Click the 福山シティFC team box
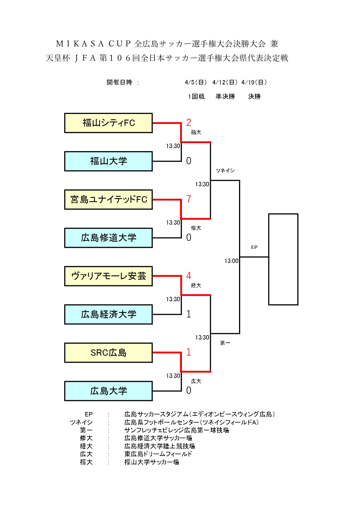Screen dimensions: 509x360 coord(108,123)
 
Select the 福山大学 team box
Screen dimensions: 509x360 coord(108,161)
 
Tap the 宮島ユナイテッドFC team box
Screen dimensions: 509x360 coord(108,200)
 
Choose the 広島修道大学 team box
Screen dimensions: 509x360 coord(108,238)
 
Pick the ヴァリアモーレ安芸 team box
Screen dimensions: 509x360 coord(108,276)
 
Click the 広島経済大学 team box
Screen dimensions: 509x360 coord(108,315)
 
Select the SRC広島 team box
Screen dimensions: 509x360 coord(108,353)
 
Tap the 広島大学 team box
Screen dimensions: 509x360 coord(108,391)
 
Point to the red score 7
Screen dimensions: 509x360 coord(189,199)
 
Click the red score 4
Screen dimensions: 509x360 coord(189,276)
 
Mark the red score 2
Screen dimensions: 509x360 coord(189,122)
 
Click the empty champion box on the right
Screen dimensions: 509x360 coord(283,259)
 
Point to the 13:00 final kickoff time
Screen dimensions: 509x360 coord(231,261)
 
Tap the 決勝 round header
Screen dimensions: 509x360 coord(254,97)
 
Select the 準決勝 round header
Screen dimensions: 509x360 coord(225,97)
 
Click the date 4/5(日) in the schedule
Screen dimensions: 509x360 coord(196,82)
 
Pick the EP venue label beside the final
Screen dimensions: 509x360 coord(254,247)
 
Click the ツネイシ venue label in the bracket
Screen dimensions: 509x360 coord(225,171)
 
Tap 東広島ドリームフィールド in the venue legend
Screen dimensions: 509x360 coord(158,454)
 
